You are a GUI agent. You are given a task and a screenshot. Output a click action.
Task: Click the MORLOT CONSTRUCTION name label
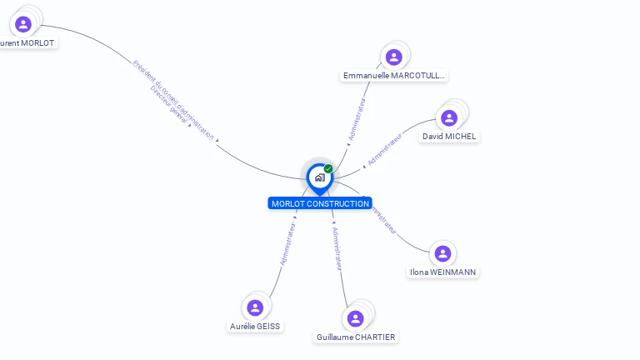320,203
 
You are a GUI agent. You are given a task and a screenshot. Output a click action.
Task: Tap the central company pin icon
319,177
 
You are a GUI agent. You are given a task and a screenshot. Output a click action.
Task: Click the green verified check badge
328,169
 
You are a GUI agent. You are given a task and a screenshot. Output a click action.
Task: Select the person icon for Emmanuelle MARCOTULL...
394,57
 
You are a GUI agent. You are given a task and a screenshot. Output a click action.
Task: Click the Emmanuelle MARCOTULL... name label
394,76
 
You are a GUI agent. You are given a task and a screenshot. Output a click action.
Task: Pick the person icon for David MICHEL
449,117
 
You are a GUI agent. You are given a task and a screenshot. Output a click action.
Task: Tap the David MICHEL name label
450,136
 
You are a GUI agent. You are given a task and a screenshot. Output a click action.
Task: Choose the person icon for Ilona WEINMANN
442,253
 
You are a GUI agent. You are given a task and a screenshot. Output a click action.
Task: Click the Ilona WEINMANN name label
444,272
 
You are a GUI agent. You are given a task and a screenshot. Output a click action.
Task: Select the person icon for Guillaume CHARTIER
356,318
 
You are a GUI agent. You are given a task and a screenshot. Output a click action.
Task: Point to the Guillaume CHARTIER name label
356,337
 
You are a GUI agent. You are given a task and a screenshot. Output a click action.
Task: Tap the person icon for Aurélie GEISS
256,307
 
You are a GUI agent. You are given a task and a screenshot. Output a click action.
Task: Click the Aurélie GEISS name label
255,327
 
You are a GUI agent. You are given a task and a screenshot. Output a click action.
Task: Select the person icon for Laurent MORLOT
23,23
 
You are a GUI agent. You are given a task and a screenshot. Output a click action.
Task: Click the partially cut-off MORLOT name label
27,42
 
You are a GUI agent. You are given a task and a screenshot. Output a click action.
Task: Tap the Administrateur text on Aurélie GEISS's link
288,242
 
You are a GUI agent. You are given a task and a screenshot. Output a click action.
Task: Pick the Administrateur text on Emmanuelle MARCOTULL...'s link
357,120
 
